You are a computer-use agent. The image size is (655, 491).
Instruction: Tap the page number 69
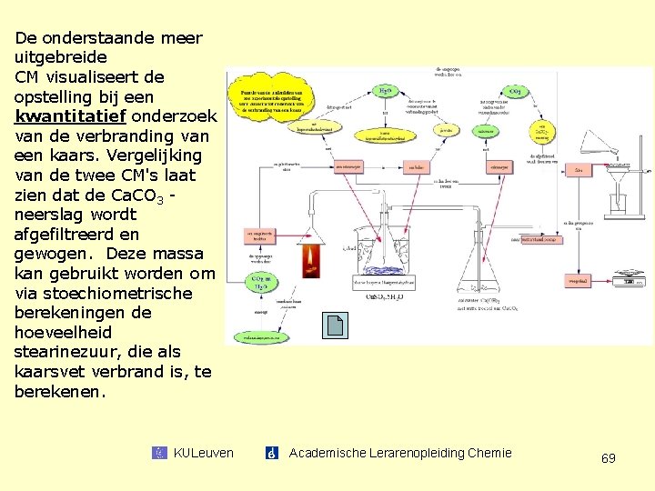(609, 458)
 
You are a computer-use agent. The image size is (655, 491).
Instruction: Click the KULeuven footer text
(203, 453)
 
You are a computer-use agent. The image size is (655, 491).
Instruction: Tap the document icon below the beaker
(335, 326)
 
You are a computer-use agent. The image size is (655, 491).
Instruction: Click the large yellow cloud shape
(270, 100)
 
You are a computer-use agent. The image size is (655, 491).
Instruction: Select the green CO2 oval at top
(515, 92)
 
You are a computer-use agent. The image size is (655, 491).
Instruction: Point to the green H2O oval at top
(385, 92)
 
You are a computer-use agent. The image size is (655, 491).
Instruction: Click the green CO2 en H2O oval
(259, 280)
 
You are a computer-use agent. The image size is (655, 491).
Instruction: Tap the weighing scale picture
(630, 276)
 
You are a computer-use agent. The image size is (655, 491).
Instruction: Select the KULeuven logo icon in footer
(160, 453)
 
